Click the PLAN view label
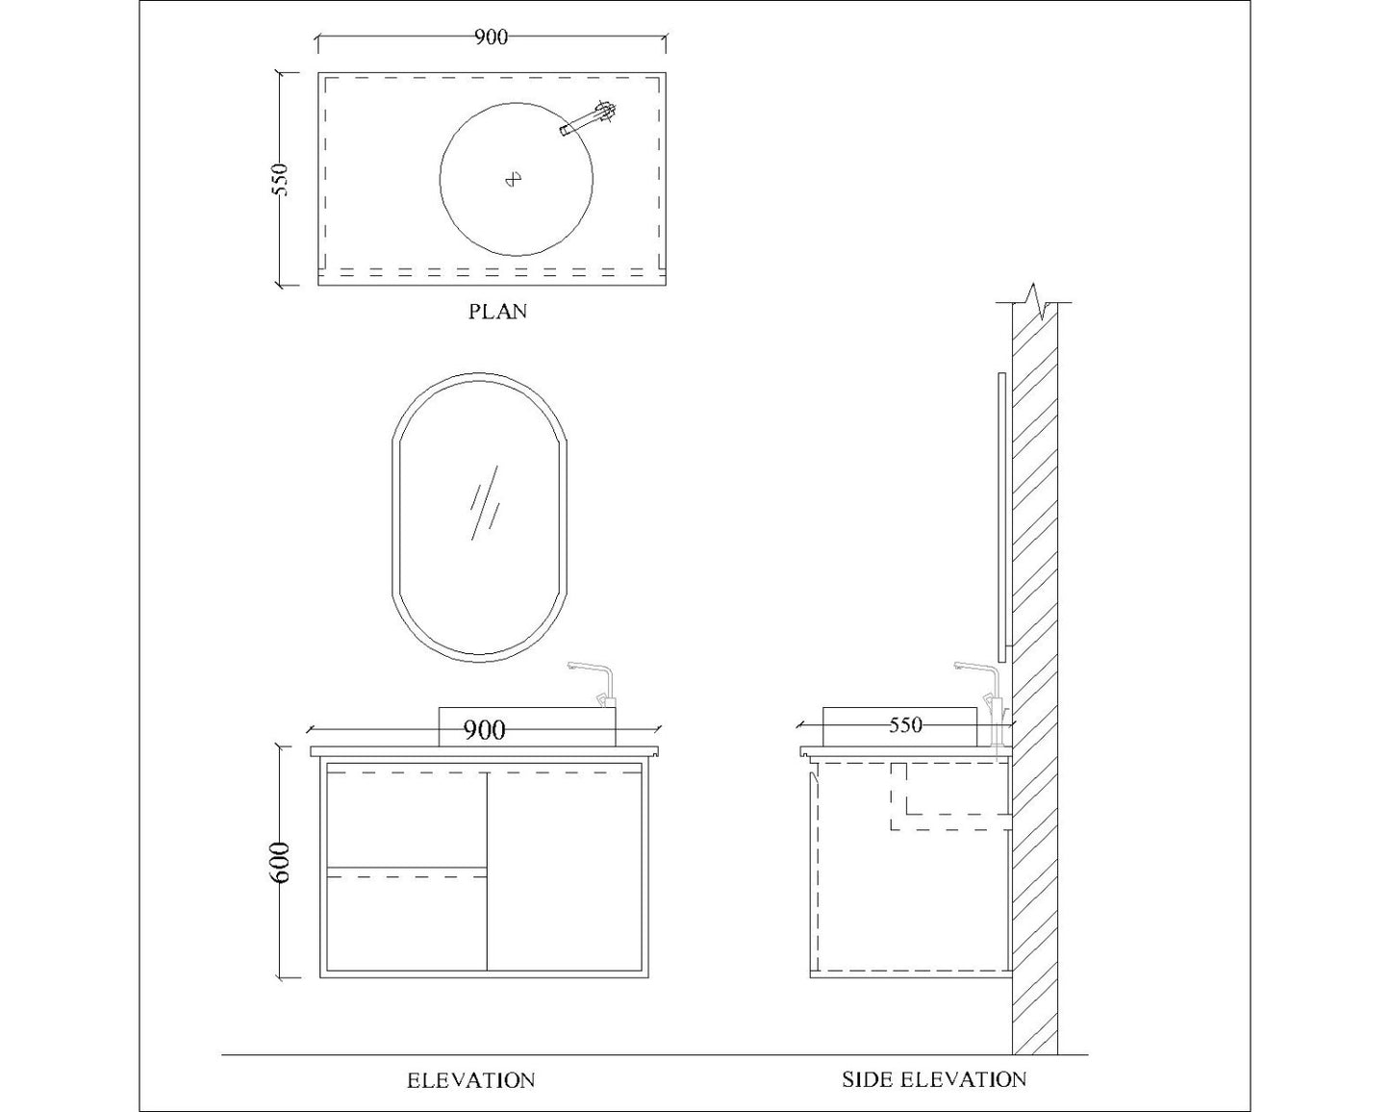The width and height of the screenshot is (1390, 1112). point(497,312)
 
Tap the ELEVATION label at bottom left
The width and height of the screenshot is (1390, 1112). point(470,1079)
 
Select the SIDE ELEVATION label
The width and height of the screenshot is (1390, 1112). point(934,1079)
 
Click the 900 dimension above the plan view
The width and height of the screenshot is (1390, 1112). point(491,38)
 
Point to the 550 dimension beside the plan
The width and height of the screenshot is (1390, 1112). point(279,180)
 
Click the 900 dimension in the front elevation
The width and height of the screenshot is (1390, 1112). point(485,730)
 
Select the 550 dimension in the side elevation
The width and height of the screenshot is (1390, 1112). point(904,725)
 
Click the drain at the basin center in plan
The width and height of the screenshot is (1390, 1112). point(514,179)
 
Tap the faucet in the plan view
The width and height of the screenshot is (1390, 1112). point(588,119)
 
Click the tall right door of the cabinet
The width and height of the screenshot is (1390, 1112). point(565,871)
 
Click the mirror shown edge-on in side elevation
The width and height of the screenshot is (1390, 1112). point(1002,517)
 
